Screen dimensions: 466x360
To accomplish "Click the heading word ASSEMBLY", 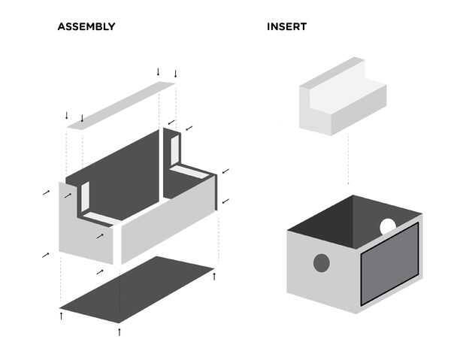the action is [x=86, y=27].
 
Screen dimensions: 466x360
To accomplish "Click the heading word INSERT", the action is [x=286, y=27].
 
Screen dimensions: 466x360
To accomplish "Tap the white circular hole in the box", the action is [x=388, y=226].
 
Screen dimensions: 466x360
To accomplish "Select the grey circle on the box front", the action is [x=322, y=263].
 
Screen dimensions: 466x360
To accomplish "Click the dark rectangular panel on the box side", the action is [x=389, y=264].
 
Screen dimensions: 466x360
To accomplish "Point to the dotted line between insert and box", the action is [x=348, y=159].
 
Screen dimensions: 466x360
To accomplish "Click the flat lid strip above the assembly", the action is [x=120, y=105].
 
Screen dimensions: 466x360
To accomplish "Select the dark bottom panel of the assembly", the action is [x=137, y=289].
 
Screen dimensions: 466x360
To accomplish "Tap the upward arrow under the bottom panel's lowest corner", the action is [x=120, y=332].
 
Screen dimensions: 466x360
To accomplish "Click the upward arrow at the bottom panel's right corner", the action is [x=214, y=276].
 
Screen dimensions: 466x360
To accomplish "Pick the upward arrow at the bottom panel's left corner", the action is [x=61, y=316].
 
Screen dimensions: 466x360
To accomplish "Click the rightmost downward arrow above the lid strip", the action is [x=175, y=74].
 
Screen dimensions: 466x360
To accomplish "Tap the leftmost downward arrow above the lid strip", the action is [x=67, y=115].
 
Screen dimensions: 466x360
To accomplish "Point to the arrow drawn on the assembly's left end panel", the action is [x=100, y=236].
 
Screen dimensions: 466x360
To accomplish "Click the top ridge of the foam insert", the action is [x=332, y=72].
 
